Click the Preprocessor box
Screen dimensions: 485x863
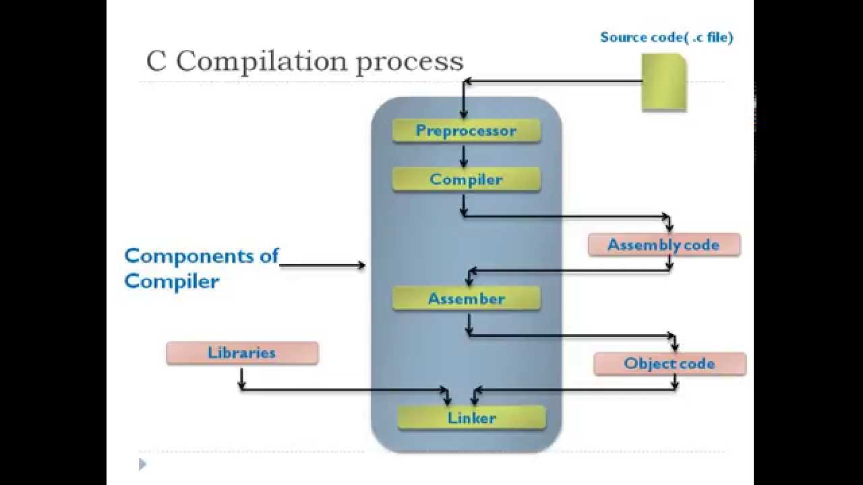click(466, 131)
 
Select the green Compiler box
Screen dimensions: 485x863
click(466, 180)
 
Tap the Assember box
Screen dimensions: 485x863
click(466, 298)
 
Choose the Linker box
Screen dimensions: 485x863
click(471, 418)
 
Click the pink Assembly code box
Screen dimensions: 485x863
click(663, 245)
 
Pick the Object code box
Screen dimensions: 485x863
click(669, 364)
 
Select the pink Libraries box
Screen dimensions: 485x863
click(242, 353)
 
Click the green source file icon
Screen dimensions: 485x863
click(663, 82)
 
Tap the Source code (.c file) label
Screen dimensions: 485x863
click(666, 38)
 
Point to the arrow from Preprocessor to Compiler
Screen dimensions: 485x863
click(463, 156)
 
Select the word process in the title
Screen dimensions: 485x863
click(409, 62)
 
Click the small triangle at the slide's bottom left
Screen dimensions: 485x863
click(142, 463)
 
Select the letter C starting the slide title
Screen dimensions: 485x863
click(156, 61)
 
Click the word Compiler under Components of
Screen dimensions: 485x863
click(172, 281)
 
